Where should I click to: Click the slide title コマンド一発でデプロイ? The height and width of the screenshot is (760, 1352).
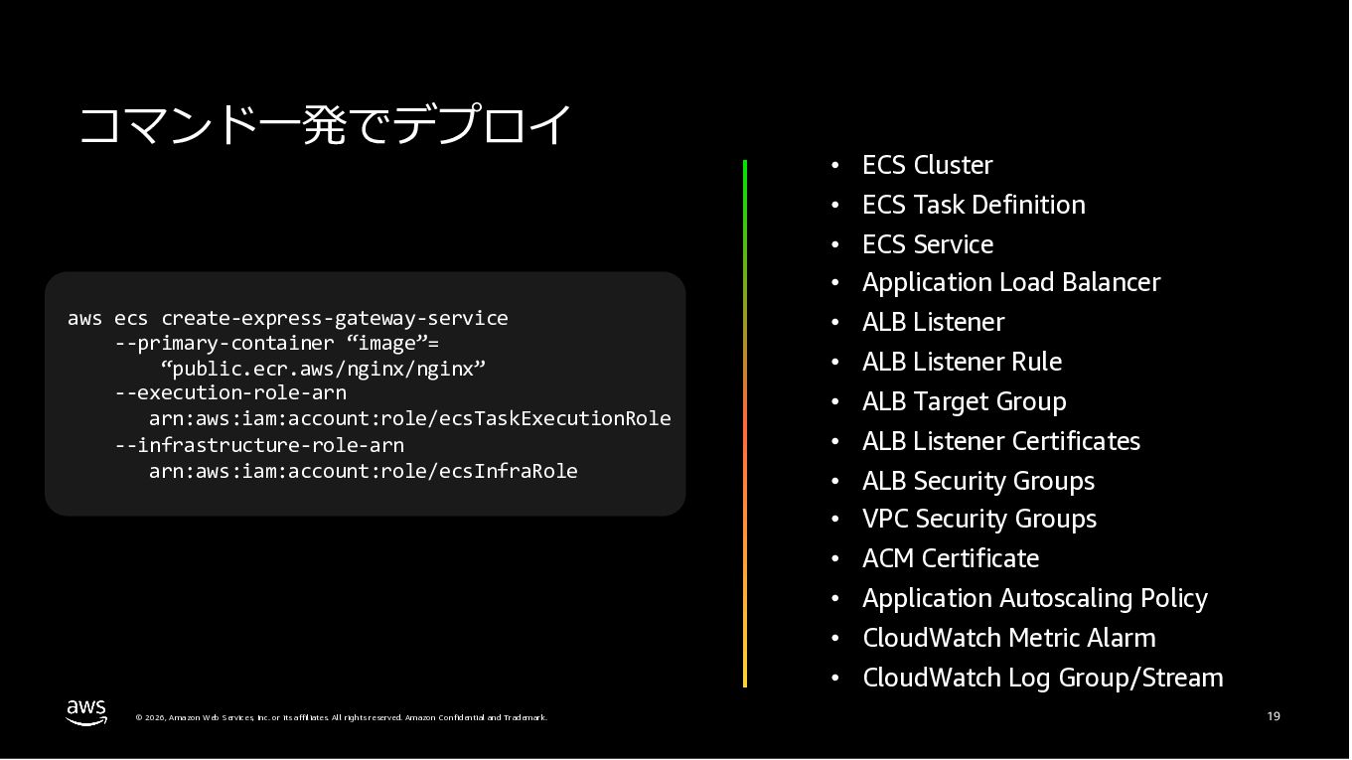point(326,126)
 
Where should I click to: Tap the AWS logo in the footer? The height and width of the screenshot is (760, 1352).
point(86,712)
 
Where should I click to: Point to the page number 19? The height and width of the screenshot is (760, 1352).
point(1274,716)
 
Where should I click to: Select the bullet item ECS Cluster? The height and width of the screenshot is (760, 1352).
point(927,165)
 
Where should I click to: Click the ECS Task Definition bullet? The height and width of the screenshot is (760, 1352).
point(974,205)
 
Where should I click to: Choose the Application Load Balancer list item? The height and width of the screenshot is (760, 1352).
point(1010,283)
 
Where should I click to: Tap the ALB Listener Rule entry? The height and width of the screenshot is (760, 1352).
point(962,362)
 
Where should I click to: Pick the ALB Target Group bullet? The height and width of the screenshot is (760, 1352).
point(964,401)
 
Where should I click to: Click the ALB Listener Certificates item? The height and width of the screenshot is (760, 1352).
point(1000,441)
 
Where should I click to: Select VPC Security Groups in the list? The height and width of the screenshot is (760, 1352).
point(978,520)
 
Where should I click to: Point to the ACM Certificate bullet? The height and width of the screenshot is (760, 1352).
point(950,558)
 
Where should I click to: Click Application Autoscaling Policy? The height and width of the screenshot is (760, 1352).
point(1034,598)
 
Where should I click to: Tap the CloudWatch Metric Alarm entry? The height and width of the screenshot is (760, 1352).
point(1008,638)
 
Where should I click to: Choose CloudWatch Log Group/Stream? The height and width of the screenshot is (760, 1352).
point(1042,678)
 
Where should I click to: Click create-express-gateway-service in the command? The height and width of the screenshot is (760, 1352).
point(335,319)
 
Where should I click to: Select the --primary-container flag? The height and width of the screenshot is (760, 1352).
point(225,344)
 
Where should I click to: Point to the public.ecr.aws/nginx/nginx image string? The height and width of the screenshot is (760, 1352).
point(323,369)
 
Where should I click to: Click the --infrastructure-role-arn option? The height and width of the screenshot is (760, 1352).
point(259,445)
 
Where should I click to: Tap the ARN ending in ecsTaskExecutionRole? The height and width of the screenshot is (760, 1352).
point(409,419)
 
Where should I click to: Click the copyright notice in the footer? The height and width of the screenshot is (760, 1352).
point(341,717)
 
